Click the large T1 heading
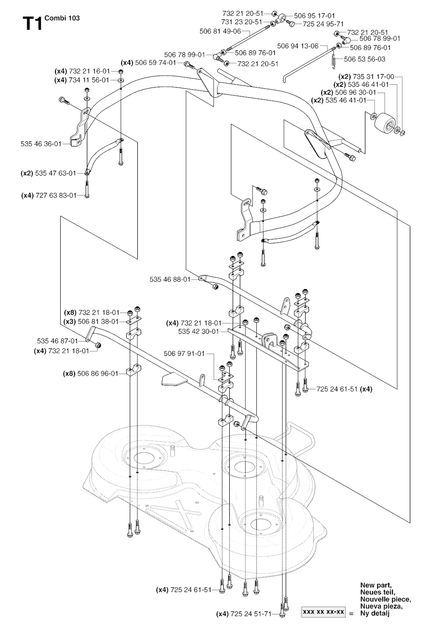[x=32, y=24]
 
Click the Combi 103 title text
[x=61, y=18]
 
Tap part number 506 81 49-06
[x=220, y=31]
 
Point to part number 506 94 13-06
[x=297, y=46]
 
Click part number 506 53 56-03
[x=364, y=59]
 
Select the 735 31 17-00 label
[x=373, y=77]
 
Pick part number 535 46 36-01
[x=41, y=144]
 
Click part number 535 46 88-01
[x=170, y=279]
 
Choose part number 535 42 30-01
[x=198, y=332]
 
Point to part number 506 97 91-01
[x=184, y=353]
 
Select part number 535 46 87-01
[x=57, y=341]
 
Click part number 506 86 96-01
[x=98, y=374]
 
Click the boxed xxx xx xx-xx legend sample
[x=323, y=612]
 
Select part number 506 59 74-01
[x=155, y=63]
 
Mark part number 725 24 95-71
[x=323, y=24]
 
